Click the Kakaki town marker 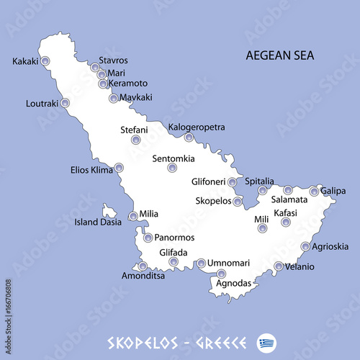coord(45,62)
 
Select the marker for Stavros coord(95,67)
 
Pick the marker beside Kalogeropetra coord(189,138)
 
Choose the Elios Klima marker coord(119,168)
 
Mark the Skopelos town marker coord(238,201)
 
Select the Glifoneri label coord(209,182)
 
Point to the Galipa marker coord(314,192)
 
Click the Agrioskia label coord(330,246)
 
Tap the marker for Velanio coord(279,266)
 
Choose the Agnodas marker coord(221,274)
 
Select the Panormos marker coord(148,238)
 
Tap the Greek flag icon coord(269,341)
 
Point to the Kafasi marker coord(286,222)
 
